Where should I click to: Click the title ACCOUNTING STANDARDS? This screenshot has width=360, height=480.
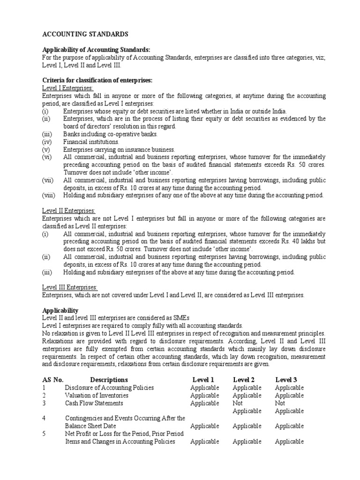[x=85, y=34]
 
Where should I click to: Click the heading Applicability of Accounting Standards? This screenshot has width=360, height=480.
[x=97, y=50]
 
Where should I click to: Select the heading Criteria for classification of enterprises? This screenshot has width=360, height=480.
[x=97, y=80]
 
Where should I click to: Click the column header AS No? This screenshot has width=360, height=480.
[x=52, y=380]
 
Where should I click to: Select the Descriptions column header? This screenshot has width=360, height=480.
[x=109, y=380]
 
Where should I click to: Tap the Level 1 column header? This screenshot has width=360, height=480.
[x=203, y=380]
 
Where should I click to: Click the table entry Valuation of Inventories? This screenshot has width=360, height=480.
[x=97, y=395]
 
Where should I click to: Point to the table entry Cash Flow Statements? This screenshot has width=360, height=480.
[x=94, y=403]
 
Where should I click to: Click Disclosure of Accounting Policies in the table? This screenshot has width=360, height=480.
[x=109, y=388]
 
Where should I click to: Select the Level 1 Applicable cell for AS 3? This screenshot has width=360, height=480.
[x=204, y=403]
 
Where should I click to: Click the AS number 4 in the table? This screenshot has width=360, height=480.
[x=44, y=418]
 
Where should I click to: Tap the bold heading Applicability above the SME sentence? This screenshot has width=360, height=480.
[x=60, y=310]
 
